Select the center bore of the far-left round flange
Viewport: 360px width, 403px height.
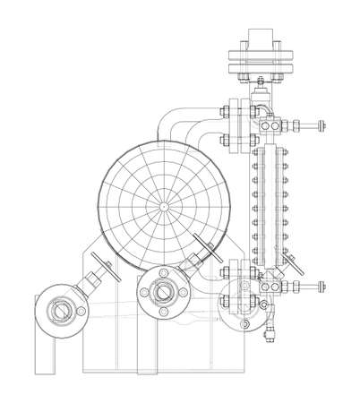(59, 312)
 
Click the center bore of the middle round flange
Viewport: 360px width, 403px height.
(164, 290)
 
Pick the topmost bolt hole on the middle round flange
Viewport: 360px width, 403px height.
(164, 270)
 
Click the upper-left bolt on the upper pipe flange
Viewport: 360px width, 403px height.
(221, 111)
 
